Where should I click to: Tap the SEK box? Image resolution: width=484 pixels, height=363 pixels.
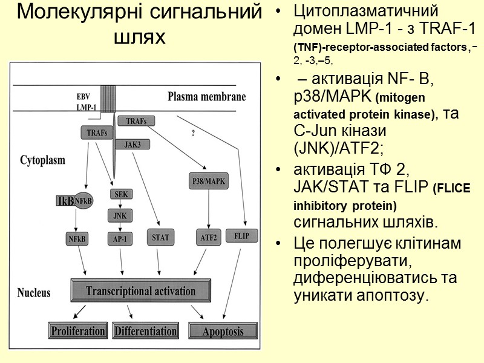[x=120, y=194]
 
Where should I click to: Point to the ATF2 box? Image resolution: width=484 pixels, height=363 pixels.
[x=209, y=237]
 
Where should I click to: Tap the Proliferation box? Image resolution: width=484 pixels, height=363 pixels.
[x=78, y=331]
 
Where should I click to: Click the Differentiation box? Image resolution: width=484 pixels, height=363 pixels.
[x=145, y=331]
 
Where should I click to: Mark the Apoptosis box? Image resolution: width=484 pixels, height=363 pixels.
[x=223, y=331]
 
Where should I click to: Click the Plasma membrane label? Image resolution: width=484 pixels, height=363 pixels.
[x=206, y=96]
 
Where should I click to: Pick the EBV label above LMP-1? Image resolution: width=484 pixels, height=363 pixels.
[x=83, y=96]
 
